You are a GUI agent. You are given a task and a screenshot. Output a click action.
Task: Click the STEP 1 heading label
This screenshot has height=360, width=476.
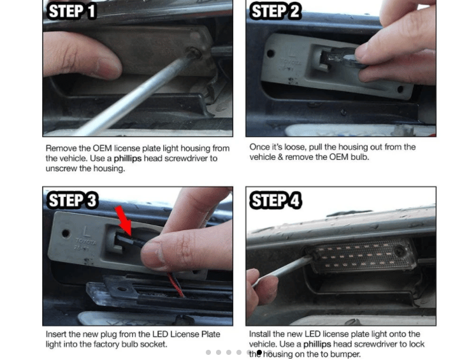point(72,11)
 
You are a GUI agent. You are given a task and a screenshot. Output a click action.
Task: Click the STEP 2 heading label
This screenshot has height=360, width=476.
point(276,11)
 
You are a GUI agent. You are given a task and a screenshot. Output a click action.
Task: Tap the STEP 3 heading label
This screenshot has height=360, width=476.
point(73,200)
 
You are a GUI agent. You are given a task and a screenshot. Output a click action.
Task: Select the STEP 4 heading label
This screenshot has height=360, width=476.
point(276,200)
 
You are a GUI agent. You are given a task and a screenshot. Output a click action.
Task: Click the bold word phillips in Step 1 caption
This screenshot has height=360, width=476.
point(127,159)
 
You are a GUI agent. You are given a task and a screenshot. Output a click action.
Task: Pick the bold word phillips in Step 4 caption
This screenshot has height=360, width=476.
point(317,344)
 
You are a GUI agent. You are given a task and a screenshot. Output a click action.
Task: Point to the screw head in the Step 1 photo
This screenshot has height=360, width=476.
point(193,52)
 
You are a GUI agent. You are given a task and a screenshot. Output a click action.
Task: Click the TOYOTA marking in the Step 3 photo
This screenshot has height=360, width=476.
point(86,241)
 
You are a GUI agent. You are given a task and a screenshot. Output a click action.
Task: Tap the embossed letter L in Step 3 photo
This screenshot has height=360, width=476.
point(87,231)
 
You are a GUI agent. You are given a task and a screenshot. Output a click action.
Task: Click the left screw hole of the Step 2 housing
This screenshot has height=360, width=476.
point(270,54)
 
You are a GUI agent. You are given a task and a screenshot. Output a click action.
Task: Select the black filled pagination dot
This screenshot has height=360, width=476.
point(259,352)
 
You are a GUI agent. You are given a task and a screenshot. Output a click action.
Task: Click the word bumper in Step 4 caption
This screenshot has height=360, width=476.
point(345,354)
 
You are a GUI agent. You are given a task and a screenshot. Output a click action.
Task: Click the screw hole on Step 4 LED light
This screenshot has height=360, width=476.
point(399,250)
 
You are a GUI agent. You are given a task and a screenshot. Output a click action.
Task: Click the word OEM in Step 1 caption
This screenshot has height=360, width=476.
point(103,148)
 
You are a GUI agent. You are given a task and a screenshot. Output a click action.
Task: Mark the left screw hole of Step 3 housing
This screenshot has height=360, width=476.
point(66,233)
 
